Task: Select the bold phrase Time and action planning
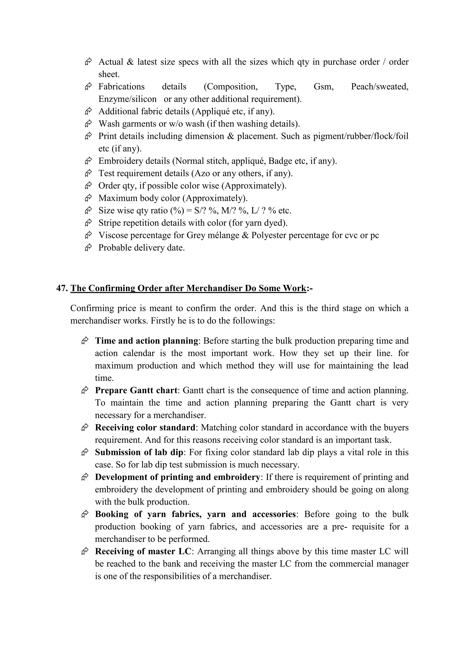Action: click(147, 341)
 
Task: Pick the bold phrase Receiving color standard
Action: click(145, 427)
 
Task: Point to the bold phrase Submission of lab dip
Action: click(139, 452)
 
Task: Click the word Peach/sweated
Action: click(379, 87)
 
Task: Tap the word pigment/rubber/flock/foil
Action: click(361, 136)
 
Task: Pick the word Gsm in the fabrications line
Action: click(323, 87)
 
